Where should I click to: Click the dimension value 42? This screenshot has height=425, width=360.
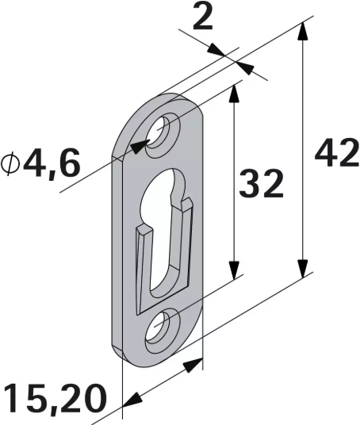click(x=336, y=155)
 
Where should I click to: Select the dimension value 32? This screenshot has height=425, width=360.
click(x=261, y=185)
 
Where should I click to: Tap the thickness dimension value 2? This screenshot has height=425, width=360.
click(x=203, y=18)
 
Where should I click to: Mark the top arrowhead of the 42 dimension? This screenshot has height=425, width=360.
click(x=301, y=31)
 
